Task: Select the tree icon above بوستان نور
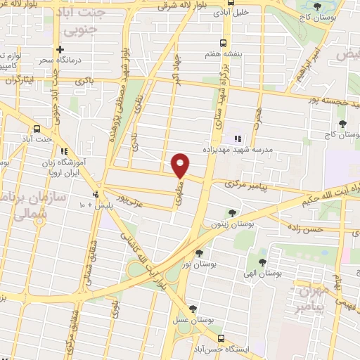tap(199, 252)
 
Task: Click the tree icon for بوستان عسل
tap(194, 308)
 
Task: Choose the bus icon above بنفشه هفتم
tap(223, 43)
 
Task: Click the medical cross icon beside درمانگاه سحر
tap(61, 50)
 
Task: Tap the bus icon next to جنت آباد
tap(37, 129)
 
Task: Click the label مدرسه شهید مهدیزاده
tap(270, 140)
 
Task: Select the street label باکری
tap(86, 82)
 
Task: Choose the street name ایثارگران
tap(20, 79)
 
